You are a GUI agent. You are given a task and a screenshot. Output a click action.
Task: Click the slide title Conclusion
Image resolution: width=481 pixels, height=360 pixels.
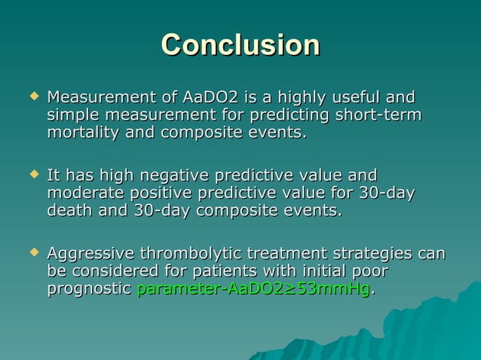coord(240,44)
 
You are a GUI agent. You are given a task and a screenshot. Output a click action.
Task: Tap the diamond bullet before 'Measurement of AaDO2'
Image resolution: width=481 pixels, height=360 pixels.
coord(32,97)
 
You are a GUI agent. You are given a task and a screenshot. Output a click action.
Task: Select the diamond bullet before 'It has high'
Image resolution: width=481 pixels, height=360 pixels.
coord(32,175)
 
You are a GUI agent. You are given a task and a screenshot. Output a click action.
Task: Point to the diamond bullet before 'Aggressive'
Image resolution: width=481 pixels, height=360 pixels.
coord(32,252)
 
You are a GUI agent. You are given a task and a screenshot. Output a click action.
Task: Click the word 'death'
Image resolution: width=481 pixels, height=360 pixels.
coord(70,212)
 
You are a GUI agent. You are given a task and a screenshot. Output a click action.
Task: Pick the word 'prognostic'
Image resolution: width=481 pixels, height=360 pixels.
coord(89,289)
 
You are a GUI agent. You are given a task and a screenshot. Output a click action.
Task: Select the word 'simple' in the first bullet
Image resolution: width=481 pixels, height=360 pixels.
coord(74,116)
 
